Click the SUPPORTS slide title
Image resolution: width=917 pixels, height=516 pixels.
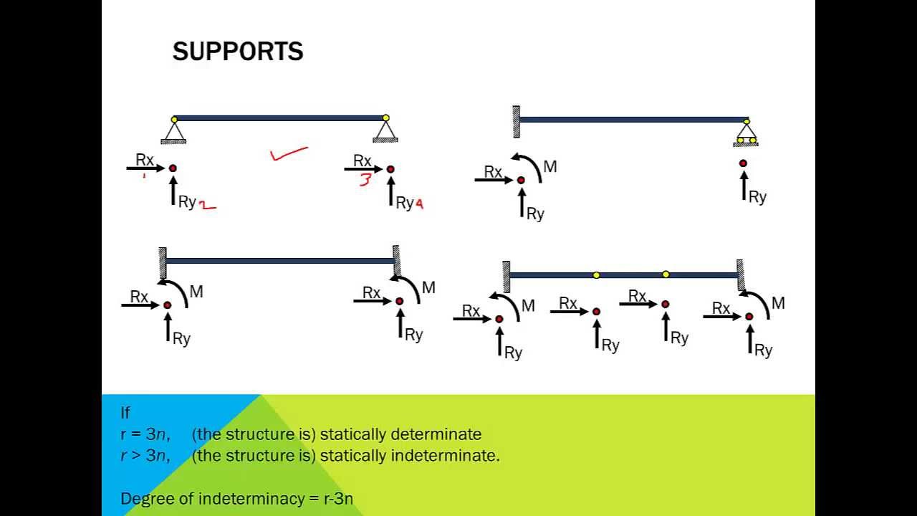(237, 52)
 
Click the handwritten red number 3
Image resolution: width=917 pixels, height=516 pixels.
(365, 180)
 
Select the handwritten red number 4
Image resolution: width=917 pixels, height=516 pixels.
(419, 204)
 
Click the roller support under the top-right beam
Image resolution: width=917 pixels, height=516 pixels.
(746, 135)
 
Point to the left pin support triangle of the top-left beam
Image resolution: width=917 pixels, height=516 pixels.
(173, 133)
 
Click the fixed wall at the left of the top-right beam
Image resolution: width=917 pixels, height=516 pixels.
(516, 121)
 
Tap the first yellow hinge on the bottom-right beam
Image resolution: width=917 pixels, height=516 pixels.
(596, 275)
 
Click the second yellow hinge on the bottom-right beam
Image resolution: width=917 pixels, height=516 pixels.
(666, 274)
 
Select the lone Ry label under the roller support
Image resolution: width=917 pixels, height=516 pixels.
(757, 197)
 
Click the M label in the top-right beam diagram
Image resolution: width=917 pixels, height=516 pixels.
(549, 167)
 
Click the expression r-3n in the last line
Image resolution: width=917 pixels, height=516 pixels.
(339, 499)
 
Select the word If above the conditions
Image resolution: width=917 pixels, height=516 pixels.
(125, 413)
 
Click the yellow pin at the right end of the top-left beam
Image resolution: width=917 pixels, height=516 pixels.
(385, 118)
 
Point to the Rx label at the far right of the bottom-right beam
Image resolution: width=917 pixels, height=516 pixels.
(721, 309)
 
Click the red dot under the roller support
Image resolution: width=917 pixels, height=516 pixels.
(743, 163)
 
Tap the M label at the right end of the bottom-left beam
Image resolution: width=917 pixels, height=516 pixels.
(428, 288)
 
